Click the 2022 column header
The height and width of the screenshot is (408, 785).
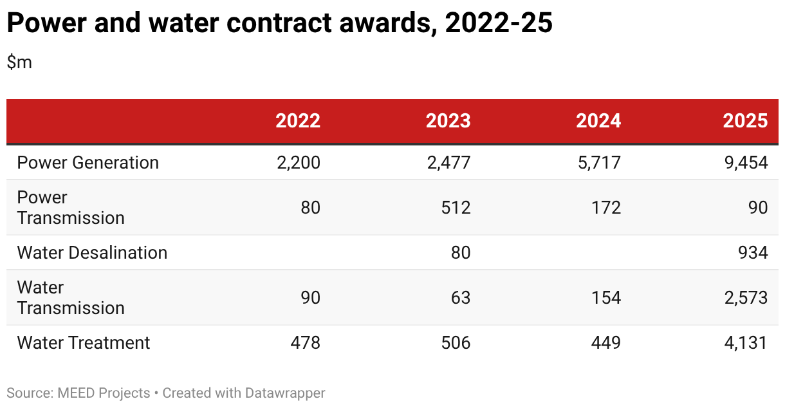pyautogui.click(x=298, y=121)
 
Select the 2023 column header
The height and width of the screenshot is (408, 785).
pyautogui.click(x=448, y=121)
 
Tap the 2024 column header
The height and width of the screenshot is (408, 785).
pyautogui.click(x=598, y=121)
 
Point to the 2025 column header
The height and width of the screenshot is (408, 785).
pyautogui.click(x=745, y=121)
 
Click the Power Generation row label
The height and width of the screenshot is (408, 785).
pyautogui.click(x=88, y=163)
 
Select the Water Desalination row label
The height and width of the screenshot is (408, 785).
pyautogui.click(x=92, y=253)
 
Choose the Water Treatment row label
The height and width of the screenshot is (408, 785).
pyautogui.click(x=84, y=343)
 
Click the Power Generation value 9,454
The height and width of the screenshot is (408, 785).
pyautogui.click(x=746, y=163)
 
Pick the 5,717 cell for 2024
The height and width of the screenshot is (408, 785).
pyautogui.click(x=599, y=163)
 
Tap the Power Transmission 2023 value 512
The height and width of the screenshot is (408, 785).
pyautogui.click(x=456, y=207)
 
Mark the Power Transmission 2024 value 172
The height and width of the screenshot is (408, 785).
pyautogui.click(x=606, y=207)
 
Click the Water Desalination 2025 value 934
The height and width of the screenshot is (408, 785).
pyautogui.click(x=753, y=253)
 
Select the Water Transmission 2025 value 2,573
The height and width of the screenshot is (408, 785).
pyautogui.click(x=746, y=298)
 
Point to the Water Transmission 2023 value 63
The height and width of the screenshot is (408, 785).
pyautogui.click(x=461, y=297)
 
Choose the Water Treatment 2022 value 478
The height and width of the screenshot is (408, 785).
pyautogui.click(x=305, y=343)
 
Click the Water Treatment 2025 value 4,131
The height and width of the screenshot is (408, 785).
pyautogui.click(x=746, y=343)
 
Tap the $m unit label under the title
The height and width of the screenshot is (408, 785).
pyautogui.click(x=19, y=62)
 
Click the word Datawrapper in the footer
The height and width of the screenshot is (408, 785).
pyautogui.click(x=285, y=393)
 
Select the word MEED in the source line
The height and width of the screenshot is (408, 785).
pyautogui.click(x=76, y=393)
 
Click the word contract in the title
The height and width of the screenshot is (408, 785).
pyautogui.click(x=279, y=23)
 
